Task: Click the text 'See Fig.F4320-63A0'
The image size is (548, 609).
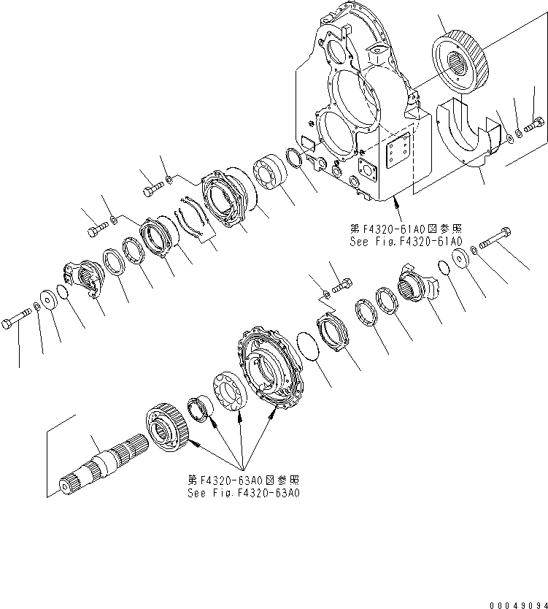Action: (x=244, y=492)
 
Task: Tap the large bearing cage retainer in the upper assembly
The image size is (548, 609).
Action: (x=226, y=196)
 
